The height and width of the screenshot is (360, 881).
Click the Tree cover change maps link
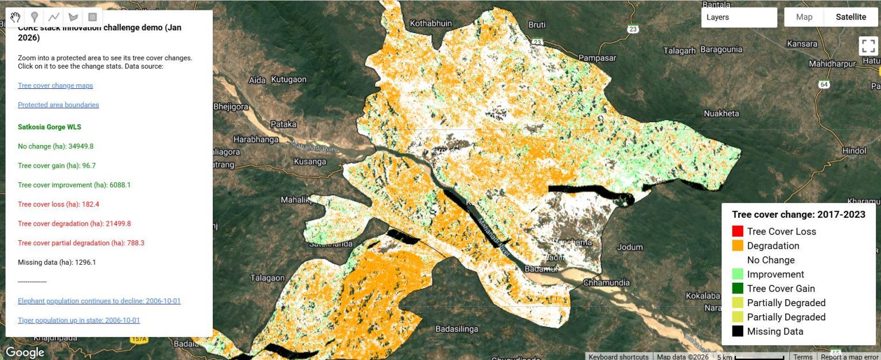55,85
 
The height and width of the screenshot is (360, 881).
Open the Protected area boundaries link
58,105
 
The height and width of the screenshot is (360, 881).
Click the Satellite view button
850,17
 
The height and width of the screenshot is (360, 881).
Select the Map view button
804,17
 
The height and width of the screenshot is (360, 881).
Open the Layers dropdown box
739,17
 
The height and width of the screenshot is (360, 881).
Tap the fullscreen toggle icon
867,46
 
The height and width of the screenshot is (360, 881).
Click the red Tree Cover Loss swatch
738,232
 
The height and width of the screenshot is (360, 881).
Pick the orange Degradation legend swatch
738,246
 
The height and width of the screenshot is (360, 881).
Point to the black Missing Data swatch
738,331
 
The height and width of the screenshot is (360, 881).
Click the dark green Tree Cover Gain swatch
738,288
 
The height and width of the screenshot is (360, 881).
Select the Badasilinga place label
457,329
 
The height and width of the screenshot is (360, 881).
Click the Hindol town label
854,150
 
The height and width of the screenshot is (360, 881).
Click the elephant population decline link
99,301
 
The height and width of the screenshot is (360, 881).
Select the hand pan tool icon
15,17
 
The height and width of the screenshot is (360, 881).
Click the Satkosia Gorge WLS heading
49,127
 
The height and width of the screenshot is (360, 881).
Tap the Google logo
25,352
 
